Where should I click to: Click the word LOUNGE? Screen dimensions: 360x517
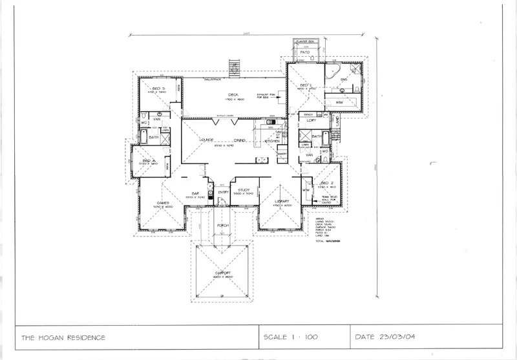click(x=207, y=140)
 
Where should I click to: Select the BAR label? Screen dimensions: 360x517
click(x=195, y=192)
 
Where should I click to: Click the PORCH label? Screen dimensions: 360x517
click(x=223, y=225)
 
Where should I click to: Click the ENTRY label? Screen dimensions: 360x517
click(x=223, y=192)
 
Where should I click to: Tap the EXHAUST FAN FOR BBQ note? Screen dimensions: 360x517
click(x=266, y=96)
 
